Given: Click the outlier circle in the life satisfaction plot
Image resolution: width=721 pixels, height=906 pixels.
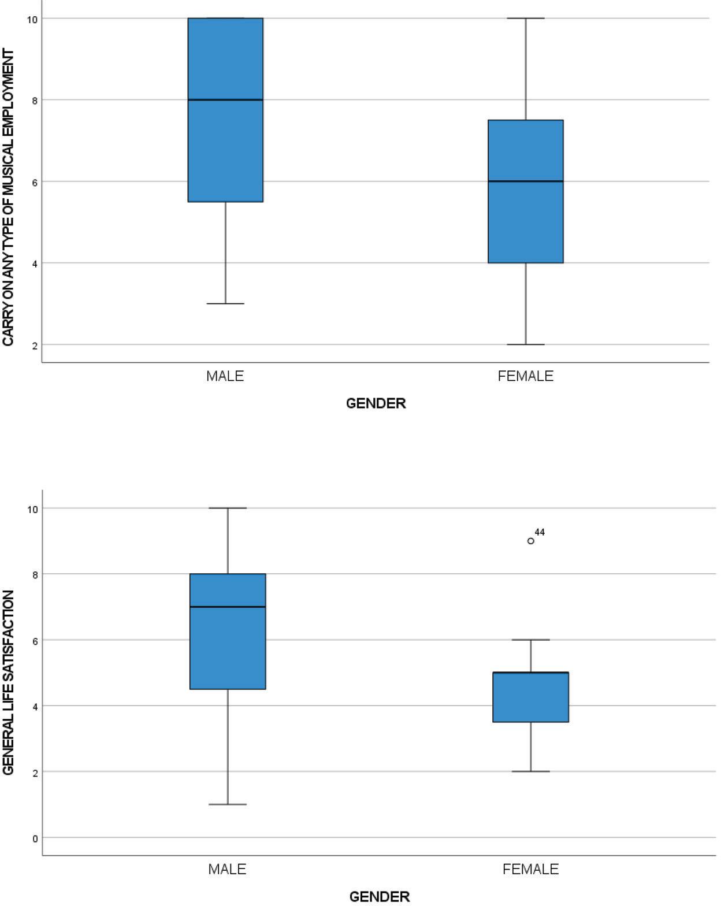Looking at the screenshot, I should (x=531, y=541).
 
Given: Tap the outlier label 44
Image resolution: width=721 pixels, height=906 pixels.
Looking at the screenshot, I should (x=540, y=532).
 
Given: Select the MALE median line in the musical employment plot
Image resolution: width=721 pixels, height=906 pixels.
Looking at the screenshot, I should (x=225, y=100).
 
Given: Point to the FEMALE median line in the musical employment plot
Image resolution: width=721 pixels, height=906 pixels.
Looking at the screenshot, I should (x=526, y=181).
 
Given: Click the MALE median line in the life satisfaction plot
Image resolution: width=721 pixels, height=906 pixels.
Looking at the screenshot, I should (x=228, y=607).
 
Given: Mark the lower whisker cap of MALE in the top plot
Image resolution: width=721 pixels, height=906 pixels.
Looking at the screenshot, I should (x=225, y=303).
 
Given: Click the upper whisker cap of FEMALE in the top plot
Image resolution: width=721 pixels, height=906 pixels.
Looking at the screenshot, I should (x=526, y=18).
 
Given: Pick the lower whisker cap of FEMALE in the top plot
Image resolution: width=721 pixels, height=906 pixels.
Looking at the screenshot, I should (x=526, y=344).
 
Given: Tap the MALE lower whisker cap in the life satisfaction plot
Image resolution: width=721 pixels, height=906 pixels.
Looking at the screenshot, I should (x=228, y=804).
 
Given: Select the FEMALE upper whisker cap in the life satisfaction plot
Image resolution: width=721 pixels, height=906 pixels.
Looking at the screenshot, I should (x=531, y=640).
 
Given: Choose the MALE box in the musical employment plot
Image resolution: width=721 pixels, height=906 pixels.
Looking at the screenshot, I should (x=225, y=150).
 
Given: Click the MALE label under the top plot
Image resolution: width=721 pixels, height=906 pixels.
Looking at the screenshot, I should (x=225, y=376).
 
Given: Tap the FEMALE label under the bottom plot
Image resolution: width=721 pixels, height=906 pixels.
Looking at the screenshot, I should (x=531, y=869).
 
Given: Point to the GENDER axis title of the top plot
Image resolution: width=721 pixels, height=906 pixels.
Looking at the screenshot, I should (x=376, y=403).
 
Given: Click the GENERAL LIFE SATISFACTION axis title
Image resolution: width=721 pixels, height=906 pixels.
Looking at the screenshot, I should (x=8, y=682).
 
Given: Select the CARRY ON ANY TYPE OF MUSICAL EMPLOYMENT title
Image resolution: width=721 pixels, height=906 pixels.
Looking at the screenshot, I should (x=8, y=198).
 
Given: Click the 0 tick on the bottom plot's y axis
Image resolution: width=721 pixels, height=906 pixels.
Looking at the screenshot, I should (x=35, y=838).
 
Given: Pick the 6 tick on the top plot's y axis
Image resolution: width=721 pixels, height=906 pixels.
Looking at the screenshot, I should (x=34, y=182).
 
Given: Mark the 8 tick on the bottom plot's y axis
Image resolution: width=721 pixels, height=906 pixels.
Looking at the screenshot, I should (x=35, y=574).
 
